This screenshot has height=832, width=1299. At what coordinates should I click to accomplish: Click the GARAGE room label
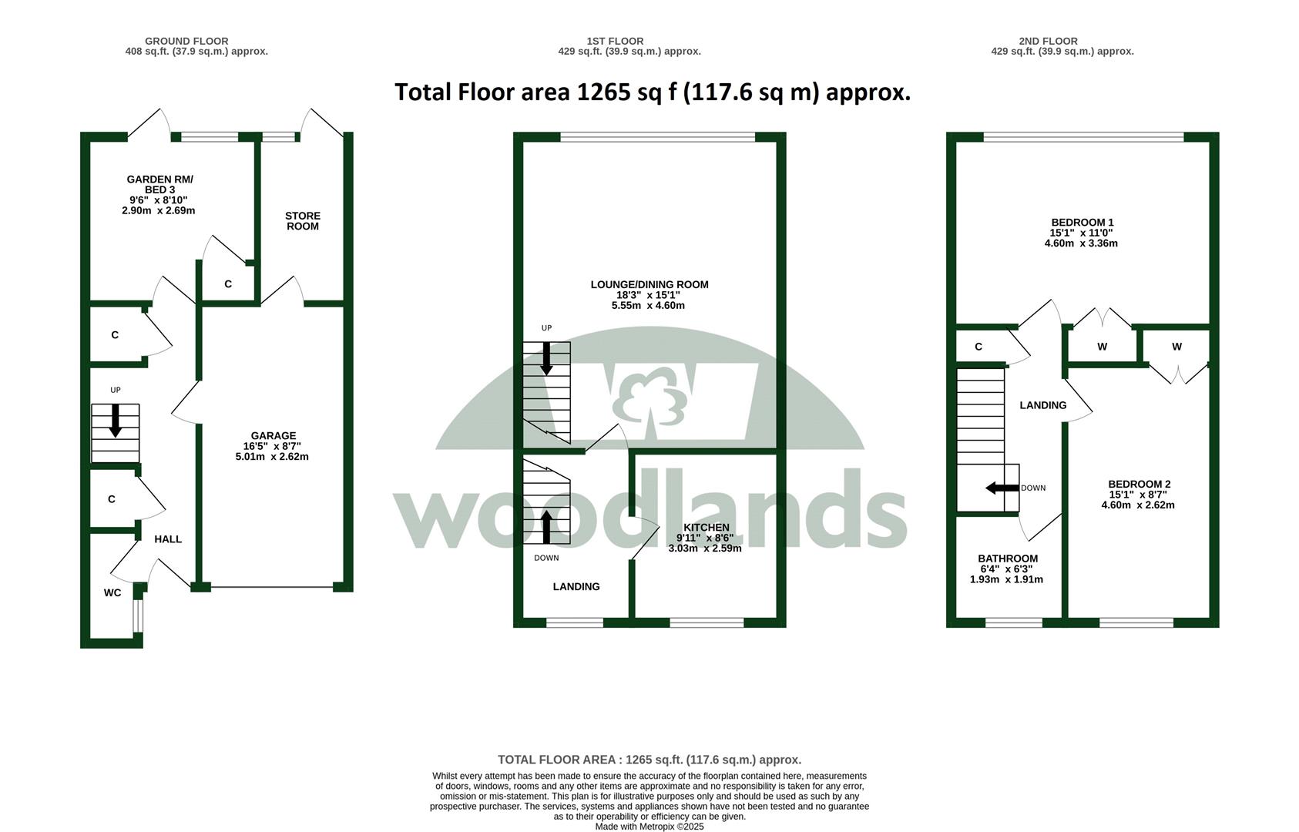coord(274,435)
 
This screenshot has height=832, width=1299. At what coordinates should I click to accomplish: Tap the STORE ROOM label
coord(303,221)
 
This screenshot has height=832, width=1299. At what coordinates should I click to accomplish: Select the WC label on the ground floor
coord(112,592)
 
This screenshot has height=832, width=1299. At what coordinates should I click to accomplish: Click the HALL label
coord(168,539)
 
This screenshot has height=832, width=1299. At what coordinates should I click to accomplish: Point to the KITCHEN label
coord(707,528)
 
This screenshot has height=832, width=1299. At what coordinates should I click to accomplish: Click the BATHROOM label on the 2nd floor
coord(1008,559)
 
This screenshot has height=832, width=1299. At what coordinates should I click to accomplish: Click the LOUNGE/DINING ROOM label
coord(649,285)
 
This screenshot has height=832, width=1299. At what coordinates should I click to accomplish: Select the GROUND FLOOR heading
coord(186,41)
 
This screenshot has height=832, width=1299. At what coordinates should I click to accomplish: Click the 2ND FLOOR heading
coord(1049,41)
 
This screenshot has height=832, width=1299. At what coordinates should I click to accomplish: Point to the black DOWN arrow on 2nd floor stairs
coord(1002,488)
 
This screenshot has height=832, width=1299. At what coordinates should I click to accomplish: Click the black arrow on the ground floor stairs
coord(116,421)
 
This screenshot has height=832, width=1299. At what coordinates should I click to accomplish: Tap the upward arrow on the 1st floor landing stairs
coord(546,526)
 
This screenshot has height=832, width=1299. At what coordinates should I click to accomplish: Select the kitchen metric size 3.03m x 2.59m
coord(705,549)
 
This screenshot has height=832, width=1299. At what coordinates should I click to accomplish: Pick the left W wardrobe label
coord(1103,347)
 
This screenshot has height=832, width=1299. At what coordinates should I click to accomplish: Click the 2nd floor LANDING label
coord(1043,405)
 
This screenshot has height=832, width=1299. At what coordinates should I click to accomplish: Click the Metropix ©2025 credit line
coord(649,827)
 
